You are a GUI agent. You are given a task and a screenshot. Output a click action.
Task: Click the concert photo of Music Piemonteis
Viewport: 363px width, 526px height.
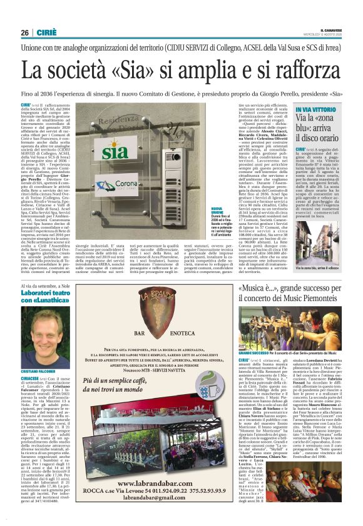[x=292, y=324]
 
